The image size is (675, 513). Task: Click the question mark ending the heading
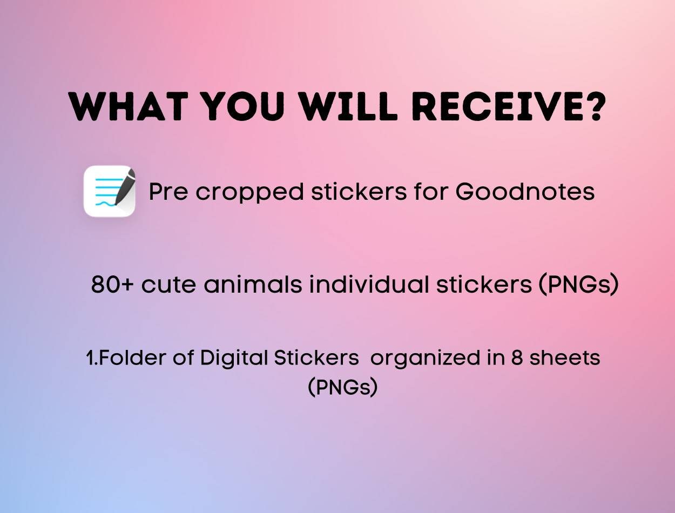click(x=592, y=106)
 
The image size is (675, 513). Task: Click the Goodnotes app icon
click(x=109, y=191)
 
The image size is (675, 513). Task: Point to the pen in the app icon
click(x=124, y=187)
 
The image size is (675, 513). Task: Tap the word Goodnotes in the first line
click(x=525, y=191)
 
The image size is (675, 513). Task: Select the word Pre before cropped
click(x=168, y=191)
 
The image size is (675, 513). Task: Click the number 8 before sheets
click(x=517, y=357)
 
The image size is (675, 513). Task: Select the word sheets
click(x=564, y=357)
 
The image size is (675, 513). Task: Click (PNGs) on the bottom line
click(x=342, y=387)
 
